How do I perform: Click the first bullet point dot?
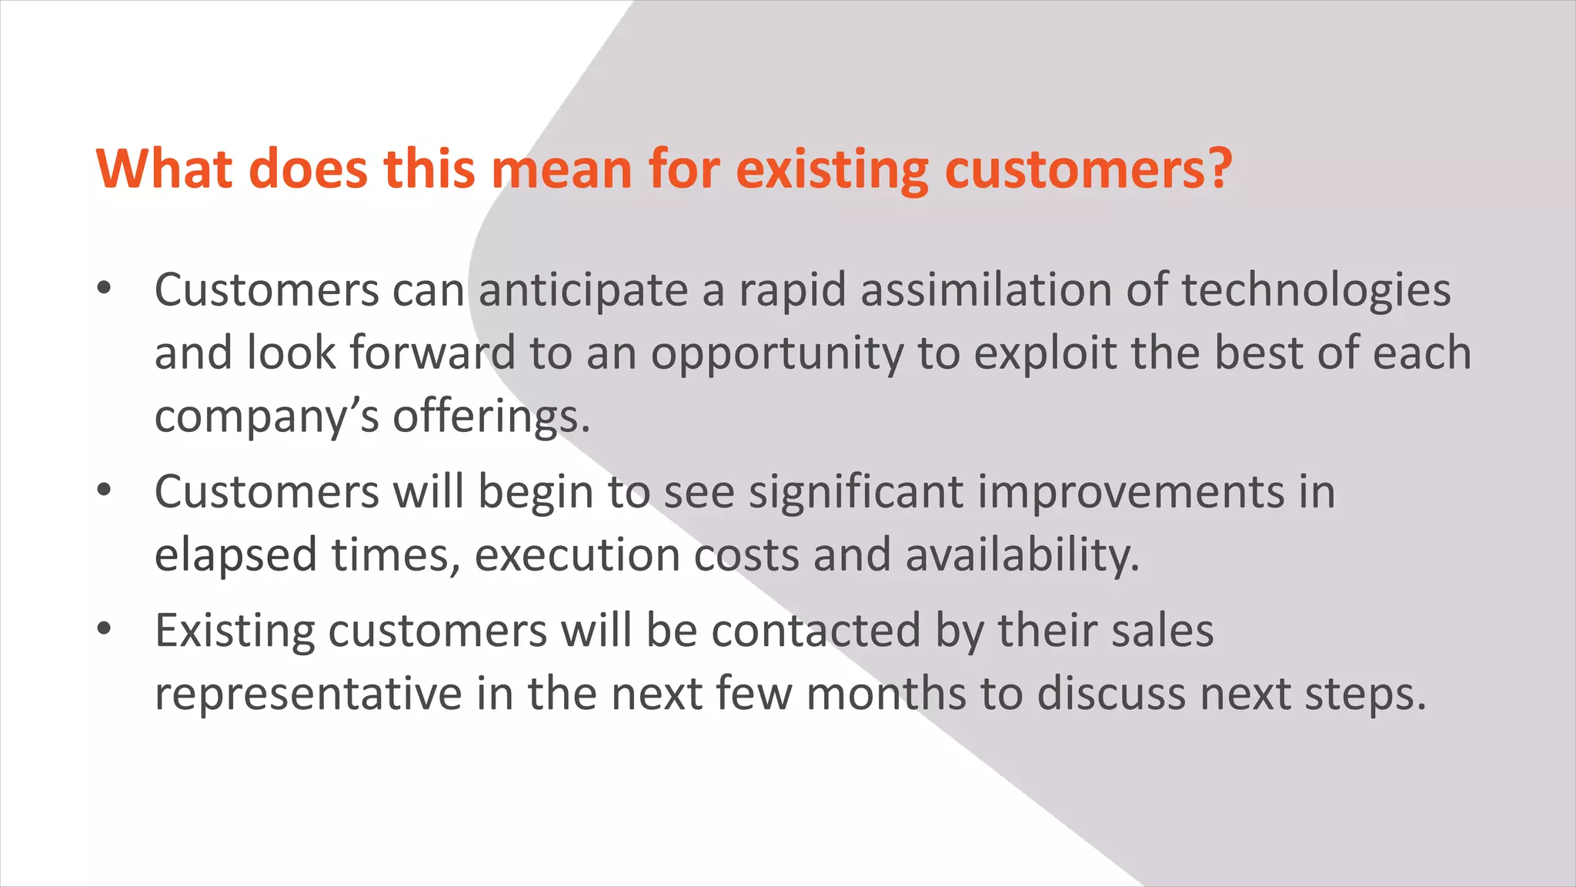pos(105,290)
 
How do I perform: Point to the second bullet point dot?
pos(105,490)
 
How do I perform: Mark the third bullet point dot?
pos(105,630)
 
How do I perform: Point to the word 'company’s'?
pos(267,418)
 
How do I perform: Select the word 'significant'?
pos(856,493)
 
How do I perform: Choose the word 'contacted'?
pos(816,631)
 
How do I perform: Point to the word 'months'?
pos(886,694)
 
